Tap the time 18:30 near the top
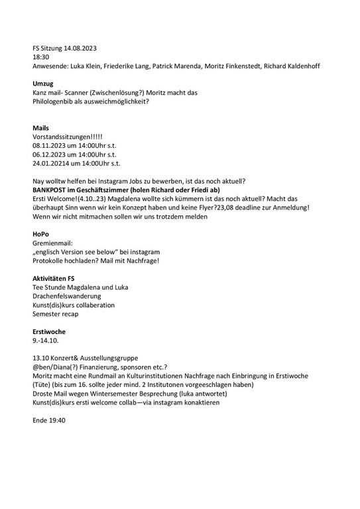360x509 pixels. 41,58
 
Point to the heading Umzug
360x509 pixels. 44,84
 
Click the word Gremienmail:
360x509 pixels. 55,243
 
